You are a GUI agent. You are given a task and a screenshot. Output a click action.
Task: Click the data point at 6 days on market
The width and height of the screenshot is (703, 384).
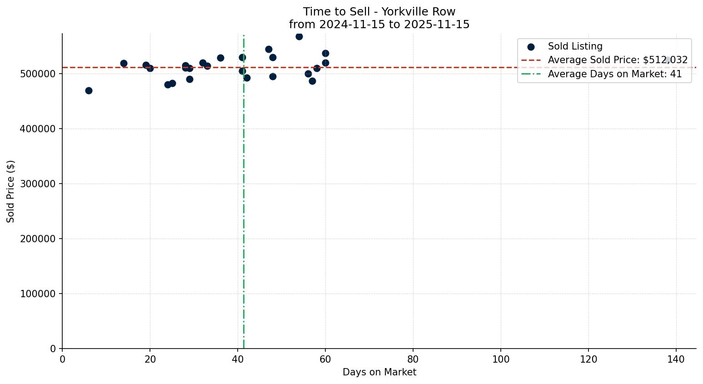(x=89, y=90)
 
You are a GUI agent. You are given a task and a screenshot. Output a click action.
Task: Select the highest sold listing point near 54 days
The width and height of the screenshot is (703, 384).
(x=299, y=36)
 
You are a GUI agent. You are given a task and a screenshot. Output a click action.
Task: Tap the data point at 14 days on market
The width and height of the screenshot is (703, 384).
(x=124, y=63)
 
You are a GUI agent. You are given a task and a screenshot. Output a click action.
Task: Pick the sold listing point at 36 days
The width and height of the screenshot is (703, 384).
(x=220, y=58)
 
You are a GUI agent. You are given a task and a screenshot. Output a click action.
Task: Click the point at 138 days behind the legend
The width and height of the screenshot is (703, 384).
(x=668, y=60)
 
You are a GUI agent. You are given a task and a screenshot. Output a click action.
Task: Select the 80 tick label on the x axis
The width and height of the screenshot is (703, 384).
(x=413, y=359)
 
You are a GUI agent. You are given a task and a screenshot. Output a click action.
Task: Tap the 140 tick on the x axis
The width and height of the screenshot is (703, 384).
(x=676, y=359)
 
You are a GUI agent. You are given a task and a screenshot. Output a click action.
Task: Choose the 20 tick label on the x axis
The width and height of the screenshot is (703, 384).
(x=150, y=359)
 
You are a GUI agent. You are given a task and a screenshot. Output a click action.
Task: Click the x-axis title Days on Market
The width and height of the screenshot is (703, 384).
(x=379, y=372)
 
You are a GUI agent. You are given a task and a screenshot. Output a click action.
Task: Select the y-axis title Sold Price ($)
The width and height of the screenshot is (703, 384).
(x=10, y=191)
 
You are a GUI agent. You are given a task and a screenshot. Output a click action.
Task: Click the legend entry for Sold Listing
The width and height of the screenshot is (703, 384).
(x=575, y=46)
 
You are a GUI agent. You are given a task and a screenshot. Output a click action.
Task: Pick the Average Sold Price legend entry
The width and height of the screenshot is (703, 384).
(x=617, y=60)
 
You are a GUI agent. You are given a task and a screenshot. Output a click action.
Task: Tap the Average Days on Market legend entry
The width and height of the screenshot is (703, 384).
(x=614, y=74)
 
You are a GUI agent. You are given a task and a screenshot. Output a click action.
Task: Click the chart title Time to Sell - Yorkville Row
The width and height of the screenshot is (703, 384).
(x=379, y=12)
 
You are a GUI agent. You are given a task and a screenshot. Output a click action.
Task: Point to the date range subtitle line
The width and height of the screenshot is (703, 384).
(x=379, y=25)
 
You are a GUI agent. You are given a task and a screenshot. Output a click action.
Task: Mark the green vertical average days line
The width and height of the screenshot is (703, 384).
(x=244, y=204)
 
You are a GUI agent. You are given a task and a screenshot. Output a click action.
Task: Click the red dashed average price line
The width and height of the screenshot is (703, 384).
(x=409, y=67)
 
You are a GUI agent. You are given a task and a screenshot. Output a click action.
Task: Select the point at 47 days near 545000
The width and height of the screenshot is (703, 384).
(x=269, y=49)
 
